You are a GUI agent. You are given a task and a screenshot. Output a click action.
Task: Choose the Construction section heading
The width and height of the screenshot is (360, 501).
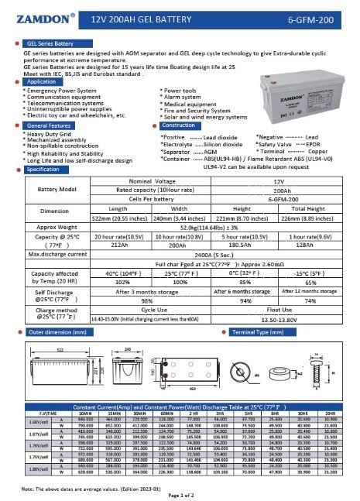pyautogui.click(x=179, y=125)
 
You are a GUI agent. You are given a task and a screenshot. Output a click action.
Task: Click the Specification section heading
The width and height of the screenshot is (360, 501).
pyautogui.click(x=43, y=169)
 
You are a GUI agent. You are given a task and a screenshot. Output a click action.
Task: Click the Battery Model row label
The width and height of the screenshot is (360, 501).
pyautogui.click(x=58, y=189)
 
